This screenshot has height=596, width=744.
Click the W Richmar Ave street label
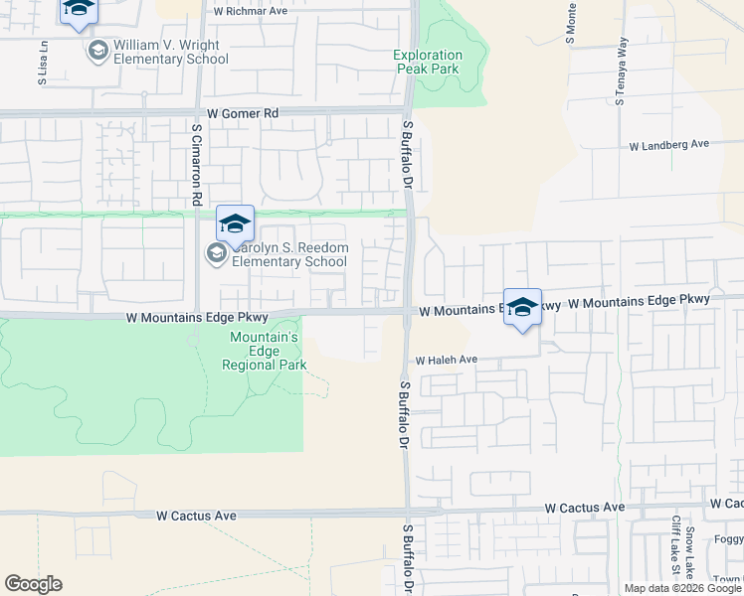pyautogui.click(x=250, y=12)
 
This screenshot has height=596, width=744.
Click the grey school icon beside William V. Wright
pyautogui.click(x=97, y=52)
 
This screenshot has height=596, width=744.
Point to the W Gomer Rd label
pyautogui.click(x=242, y=114)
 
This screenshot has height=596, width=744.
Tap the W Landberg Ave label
pyautogui.click(x=668, y=145)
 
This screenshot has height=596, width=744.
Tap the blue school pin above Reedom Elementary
pyautogui.click(x=236, y=224)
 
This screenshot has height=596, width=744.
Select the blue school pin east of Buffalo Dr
pyautogui.click(x=522, y=307)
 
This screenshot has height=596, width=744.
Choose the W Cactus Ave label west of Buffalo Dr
pyautogui.click(x=197, y=517)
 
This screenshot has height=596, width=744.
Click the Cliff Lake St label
pyautogui.click(x=675, y=545)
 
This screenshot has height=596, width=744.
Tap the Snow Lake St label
pyautogui.click(x=688, y=552)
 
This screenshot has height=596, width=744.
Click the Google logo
pyautogui.click(x=33, y=584)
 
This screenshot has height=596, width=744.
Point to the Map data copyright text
pyautogui.click(x=682, y=588)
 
